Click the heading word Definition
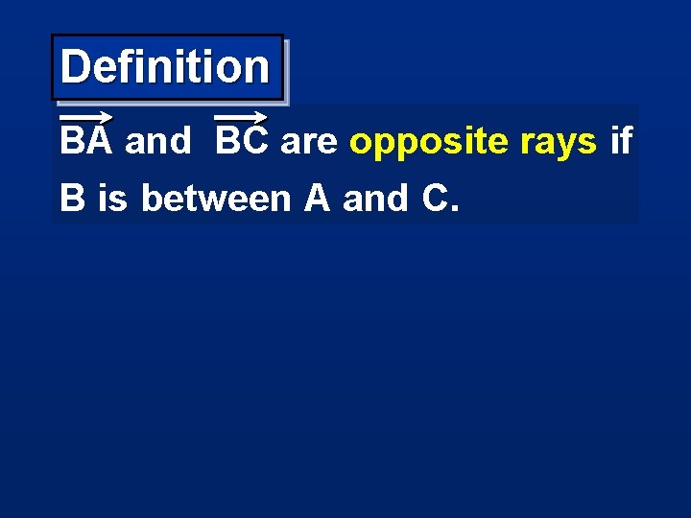[x=165, y=67]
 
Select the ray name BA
[x=86, y=142]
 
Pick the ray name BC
[x=241, y=142]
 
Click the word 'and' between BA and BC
[x=157, y=142]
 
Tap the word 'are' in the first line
[x=310, y=143]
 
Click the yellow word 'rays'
[x=558, y=143]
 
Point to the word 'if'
[x=621, y=142]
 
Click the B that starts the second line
[x=70, y=199]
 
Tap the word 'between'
[x=216, y=199]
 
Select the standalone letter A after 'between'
[x=317, y=199]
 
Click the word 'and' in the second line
[x=375, y=199]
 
